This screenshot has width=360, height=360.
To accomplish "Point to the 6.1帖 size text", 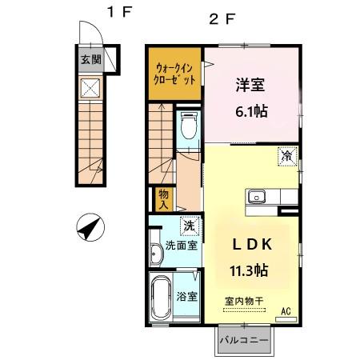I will (x=250, y=112).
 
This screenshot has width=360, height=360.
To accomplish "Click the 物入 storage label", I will (x=163, y=199).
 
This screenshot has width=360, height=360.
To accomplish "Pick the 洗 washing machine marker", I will (x=189, y=226).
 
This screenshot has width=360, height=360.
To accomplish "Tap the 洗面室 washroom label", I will (x=179, y=246).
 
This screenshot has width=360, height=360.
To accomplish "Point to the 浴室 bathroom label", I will (x=186, y=296).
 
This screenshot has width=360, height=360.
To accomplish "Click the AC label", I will (x=286, y=311).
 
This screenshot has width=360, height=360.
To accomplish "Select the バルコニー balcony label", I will (x=242, y=339).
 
